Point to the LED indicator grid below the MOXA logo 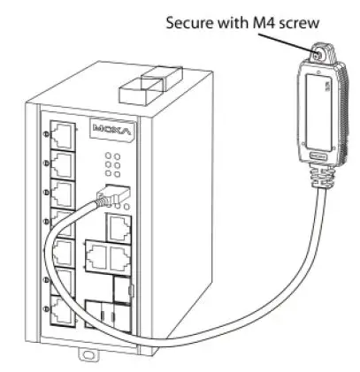point(112,164)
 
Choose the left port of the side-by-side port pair point(96,257)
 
